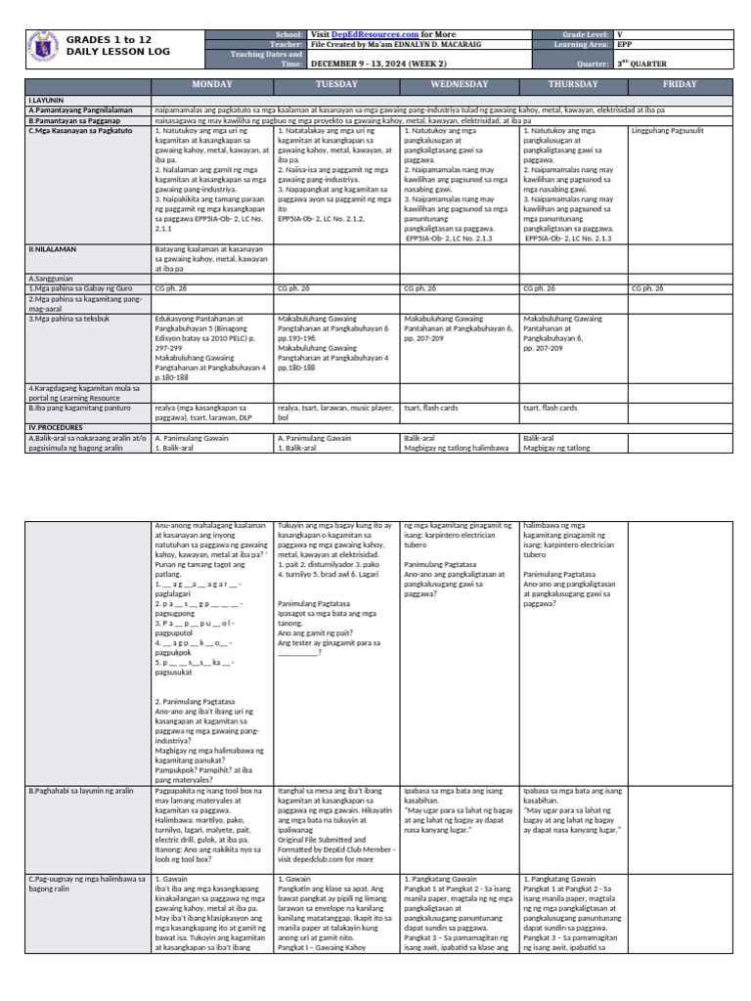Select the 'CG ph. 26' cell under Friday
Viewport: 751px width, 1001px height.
(x=647, y=288)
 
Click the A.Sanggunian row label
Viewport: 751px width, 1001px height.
(x=55, y=278)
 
